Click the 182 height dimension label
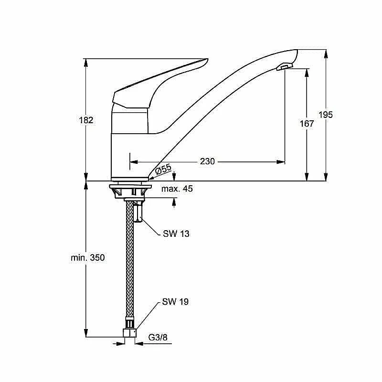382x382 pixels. tap(86, 120)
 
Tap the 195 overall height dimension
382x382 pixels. tap(326, 115)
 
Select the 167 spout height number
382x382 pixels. tap(307, 124)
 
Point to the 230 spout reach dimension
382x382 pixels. tap(207, 161)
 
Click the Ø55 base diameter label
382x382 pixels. tap(163, 169)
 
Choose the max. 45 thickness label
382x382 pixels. tap(177, 188)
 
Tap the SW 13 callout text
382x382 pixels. tap(176, 233)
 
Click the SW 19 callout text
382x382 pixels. tap(175, 302)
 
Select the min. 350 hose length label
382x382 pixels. tap(88, 257)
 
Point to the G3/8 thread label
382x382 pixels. tap(158, 337)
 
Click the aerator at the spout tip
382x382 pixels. tap(285, 66)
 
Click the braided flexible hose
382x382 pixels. tap(129, 259)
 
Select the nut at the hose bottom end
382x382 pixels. tap(130, 333)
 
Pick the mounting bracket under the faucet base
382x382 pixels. tap(130, 191)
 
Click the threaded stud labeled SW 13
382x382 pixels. tap(138, 211)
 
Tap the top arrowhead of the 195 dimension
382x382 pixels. tap(326, 54)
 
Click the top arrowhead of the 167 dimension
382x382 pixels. tap(307, 73)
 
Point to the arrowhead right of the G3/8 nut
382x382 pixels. tap(140, 343)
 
